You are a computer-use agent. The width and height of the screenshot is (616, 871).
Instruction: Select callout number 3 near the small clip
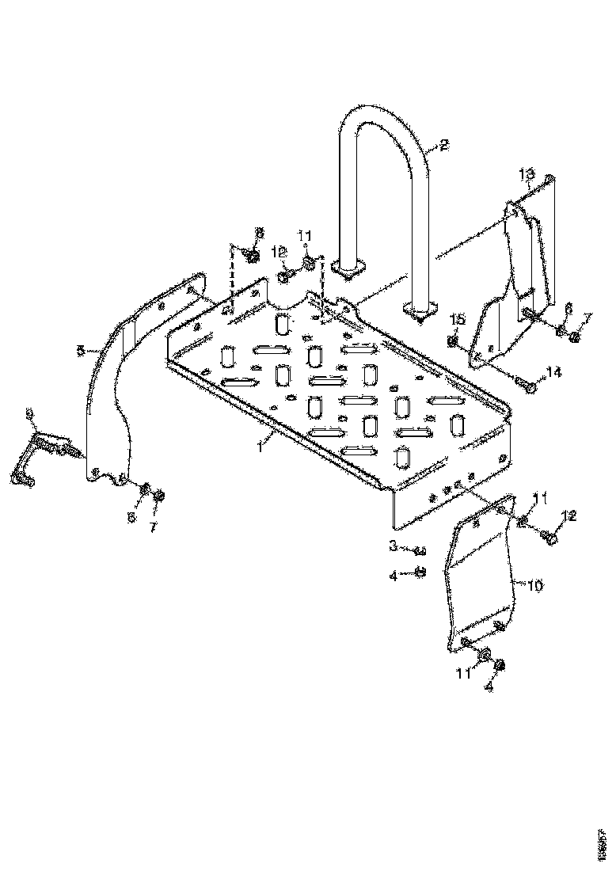[392, 546]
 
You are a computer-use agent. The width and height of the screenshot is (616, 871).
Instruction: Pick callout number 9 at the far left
[29, 413]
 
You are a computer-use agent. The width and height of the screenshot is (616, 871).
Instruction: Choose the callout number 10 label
[535, 585]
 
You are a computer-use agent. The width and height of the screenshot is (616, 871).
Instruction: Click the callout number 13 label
[527, 173]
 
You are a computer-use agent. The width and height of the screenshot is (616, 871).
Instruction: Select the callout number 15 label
[455, 319]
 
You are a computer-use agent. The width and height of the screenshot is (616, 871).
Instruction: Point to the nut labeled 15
[453, 341]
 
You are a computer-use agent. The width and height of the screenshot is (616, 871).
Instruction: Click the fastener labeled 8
[252, 256]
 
